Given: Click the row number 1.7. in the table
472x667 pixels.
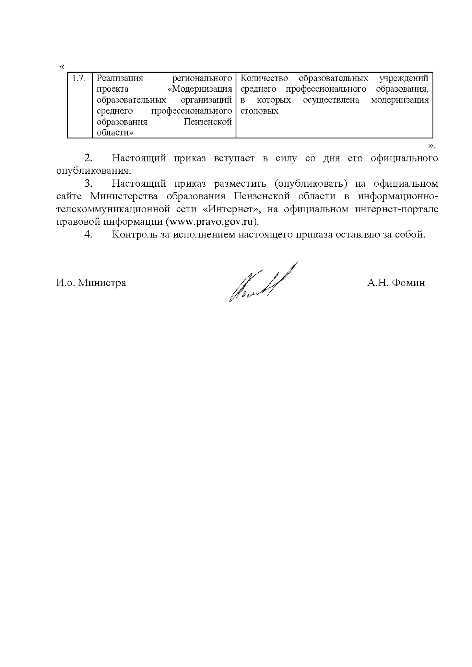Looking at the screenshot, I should (x=79, y=78).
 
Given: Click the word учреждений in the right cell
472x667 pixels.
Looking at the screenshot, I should (x=404, y=78).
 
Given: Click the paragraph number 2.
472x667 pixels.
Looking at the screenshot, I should (x=88, y=158).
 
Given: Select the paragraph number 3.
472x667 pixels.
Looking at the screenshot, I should (x=88, y=184).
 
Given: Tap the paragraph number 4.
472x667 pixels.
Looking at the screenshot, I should (x=88, y=235).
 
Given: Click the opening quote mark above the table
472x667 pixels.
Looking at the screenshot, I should (x=61, y=66).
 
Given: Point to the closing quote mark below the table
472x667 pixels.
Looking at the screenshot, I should (x=431, y=146).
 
